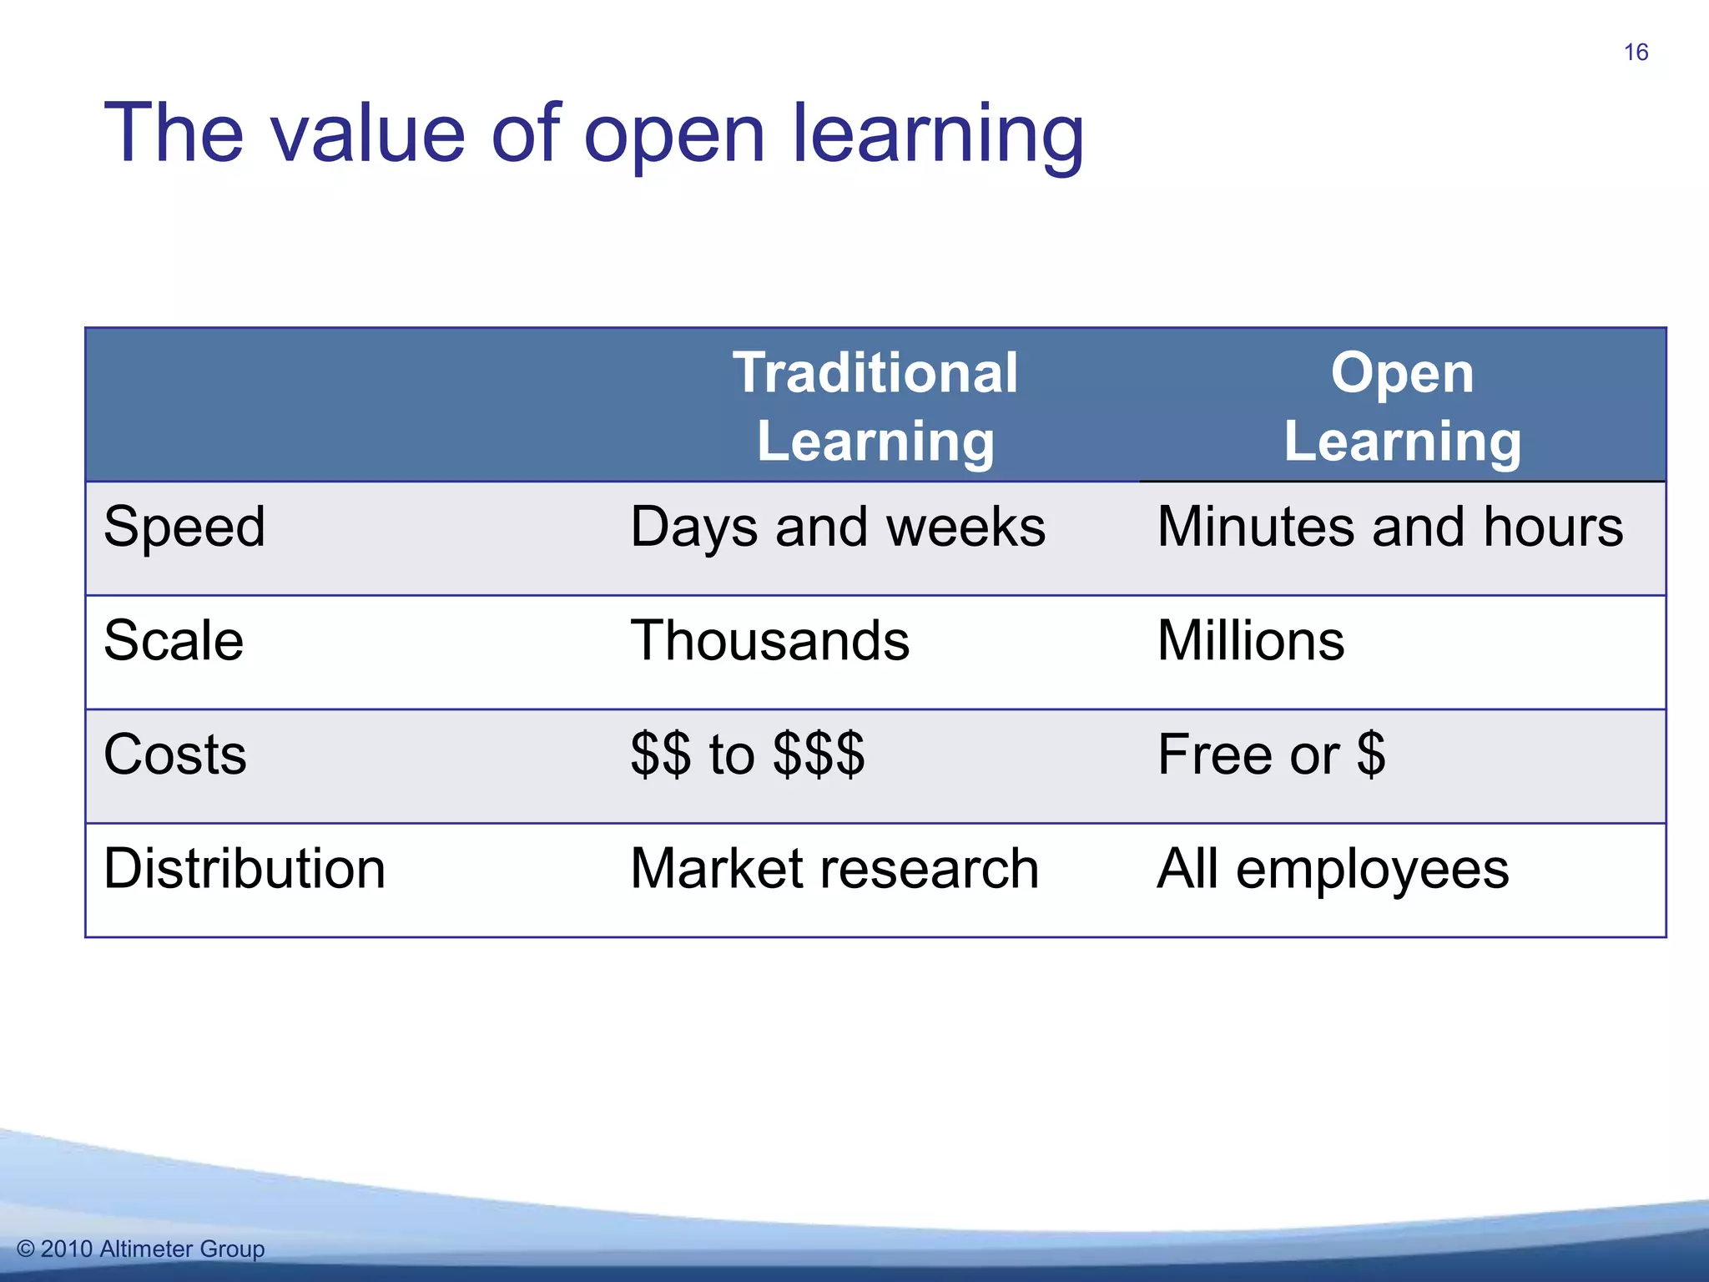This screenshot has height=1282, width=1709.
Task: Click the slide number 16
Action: point(1636,53)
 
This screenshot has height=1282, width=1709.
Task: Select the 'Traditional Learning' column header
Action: point(875,406)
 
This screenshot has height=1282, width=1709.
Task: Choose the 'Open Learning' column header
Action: point(1402,406)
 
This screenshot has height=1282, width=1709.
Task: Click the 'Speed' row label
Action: point(184,527)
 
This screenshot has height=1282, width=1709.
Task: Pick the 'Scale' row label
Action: point(174,641)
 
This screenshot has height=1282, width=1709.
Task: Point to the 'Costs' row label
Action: point(175,755)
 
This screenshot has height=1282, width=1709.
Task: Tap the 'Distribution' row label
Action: point(245,869)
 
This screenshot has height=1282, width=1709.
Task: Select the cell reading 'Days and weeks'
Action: point(837,527)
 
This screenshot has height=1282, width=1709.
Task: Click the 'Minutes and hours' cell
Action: point(1390,527)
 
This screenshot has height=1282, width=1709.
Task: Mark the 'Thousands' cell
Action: point(769,641)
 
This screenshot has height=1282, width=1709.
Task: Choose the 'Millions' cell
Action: point(1251,641)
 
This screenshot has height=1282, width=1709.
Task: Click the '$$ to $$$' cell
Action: point(748,755)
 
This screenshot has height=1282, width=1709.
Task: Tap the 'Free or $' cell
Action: point(1271,755)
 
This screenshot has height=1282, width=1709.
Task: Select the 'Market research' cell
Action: point(834,869)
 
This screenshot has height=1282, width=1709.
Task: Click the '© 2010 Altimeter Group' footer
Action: point(140,1249)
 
